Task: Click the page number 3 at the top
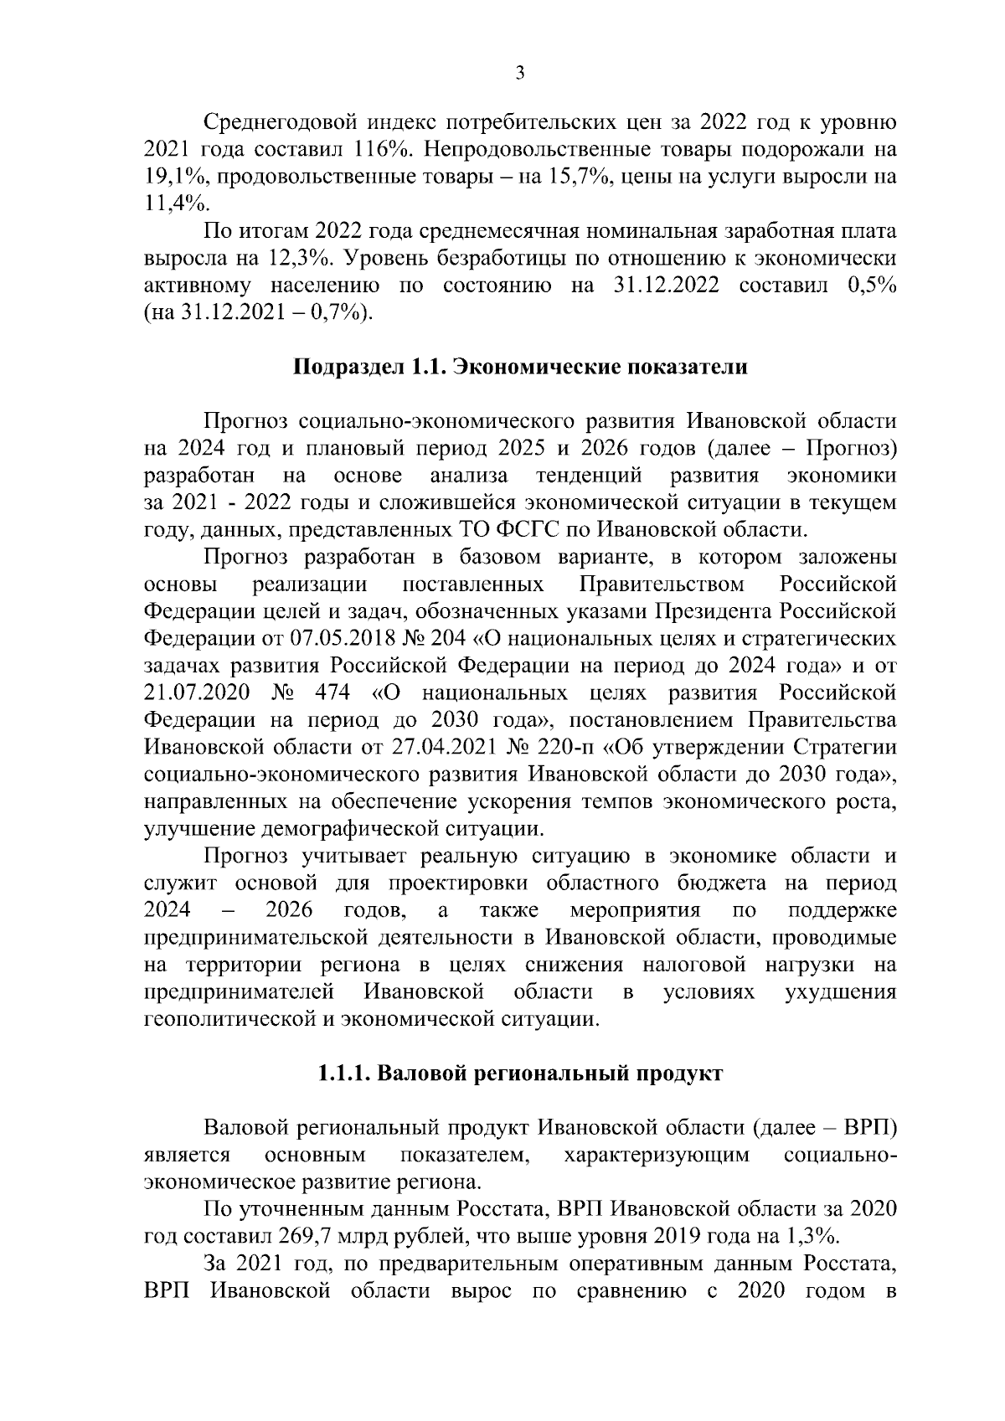click(x=519, y=74)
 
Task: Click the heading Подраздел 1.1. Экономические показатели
click(x=519, y=367)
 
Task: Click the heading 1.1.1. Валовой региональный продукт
click(x=519, y=1074)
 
